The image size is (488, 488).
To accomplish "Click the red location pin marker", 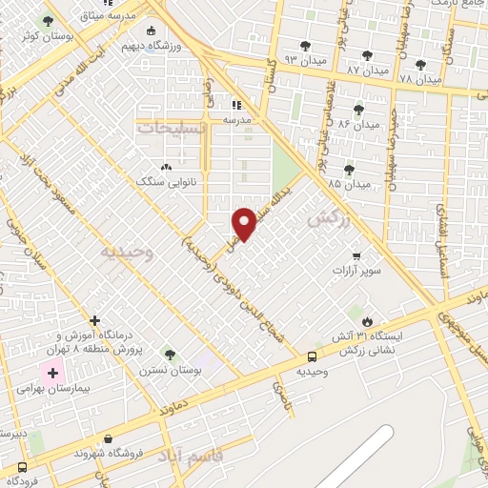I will (x=245, y=223).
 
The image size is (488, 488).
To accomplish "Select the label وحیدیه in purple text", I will (x=126, y=252).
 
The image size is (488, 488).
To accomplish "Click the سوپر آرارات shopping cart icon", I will (x=356, y=256).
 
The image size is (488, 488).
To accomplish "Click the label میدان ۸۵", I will (x=349, y=182).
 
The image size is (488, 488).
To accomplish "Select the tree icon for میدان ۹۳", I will (x=305, y=45).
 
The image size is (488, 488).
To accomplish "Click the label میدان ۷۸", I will (x=420, y=78).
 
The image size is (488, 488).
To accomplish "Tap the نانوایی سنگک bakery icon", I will (x=167, y=167).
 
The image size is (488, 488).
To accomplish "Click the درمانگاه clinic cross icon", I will (x=94, y=320).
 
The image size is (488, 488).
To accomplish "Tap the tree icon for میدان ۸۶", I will (x=358, y=111).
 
